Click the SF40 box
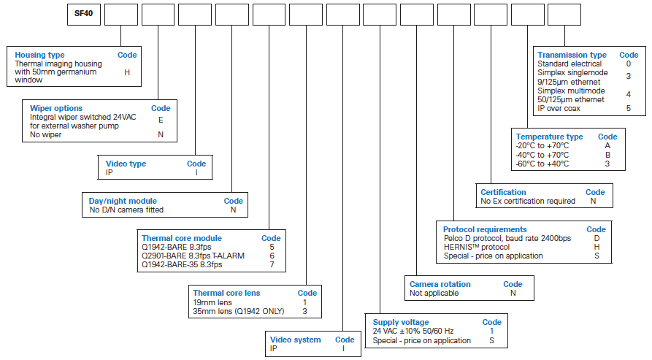pyautogui.click(x=83, y=15)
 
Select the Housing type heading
pyautogui.click(x=39, y=55)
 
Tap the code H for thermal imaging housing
pyautogui.click(x=127, y=72)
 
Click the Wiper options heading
pyautogui.click(x=56, y=108)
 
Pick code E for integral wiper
pyautogui.click(x=161, y=120)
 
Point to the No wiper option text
pyautogui.click(x=46, y=134)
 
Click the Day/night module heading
pyautogui.click(x=123, y=201)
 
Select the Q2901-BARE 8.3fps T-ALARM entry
pyautogui.click(x=193, y=256)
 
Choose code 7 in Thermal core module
pyautogui.click(x=272, y=264)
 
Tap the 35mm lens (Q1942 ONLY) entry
pyautogui.click(x=239, y=311)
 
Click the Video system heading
pyautogui.click(x=295, y=340)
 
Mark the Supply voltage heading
pyautogui.click(x=401, y=322)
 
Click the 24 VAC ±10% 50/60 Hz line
pyautogui.click(x=413, y=331)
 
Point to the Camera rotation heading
pyautogui.click(x=440, y=284)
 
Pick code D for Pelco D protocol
pyautogui.click(x=597, y=238)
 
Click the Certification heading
pyautogui.click(x=503, y=192)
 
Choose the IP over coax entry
pyautogui.click(x=559, y=109)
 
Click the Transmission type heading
pyautogui.click(x=572, y=55)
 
